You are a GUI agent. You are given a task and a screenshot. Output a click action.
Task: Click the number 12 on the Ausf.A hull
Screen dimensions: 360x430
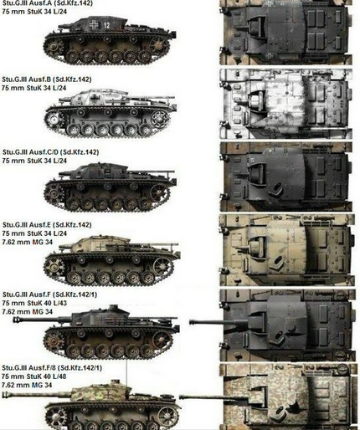click(x=106, y=25)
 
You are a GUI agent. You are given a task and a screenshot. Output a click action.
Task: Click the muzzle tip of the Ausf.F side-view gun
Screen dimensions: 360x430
click(x=14, y=320)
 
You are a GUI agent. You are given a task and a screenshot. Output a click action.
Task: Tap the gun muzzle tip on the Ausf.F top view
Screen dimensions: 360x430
click(x=190, y=322)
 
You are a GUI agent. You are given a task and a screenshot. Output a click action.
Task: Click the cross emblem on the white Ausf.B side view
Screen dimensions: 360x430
click(x=96, y=98)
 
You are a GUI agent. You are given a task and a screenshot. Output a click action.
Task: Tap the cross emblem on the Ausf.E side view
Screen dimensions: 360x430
click(x=100, y=246)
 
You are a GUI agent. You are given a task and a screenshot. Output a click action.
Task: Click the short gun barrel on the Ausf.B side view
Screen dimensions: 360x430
click(x=64, y=99)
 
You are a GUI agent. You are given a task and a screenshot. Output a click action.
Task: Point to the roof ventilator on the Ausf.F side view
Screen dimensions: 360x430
click(x=114, y=308)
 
